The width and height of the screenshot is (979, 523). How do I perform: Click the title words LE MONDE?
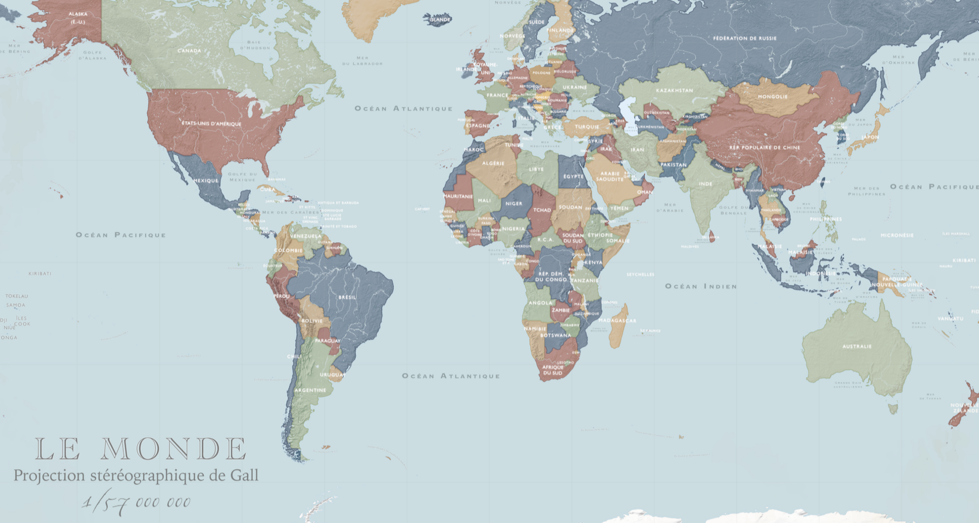[141, 449]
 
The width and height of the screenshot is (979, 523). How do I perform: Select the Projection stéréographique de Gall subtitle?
[136, 475]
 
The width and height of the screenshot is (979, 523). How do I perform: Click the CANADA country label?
[189, 51]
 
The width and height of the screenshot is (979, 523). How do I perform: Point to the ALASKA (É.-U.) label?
[78, 18]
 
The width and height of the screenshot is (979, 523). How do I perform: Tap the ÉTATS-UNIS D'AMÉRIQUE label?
[211, 124]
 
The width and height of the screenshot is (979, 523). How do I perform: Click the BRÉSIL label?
[347, 297]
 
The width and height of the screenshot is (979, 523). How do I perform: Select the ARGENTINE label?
[310, 390]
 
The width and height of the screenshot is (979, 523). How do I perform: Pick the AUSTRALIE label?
[857, 347]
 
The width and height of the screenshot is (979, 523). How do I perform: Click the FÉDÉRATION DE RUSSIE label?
[745, 38]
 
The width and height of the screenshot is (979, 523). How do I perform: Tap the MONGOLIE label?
[773, 96]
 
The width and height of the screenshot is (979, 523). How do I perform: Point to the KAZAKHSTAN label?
[674, 91]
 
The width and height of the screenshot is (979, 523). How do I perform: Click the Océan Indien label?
[701, 286]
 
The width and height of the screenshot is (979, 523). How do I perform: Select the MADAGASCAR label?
[617, 320]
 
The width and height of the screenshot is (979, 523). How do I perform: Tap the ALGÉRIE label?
[493, 164]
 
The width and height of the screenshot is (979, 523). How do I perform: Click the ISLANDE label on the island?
[440, 19]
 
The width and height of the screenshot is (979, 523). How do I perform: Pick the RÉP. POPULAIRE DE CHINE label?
[764, 147]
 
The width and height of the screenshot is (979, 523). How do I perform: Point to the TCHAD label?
[541, 210]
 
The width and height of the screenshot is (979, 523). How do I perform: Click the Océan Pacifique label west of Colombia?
[121, 235]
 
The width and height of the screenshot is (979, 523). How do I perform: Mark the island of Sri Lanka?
[711, 237]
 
